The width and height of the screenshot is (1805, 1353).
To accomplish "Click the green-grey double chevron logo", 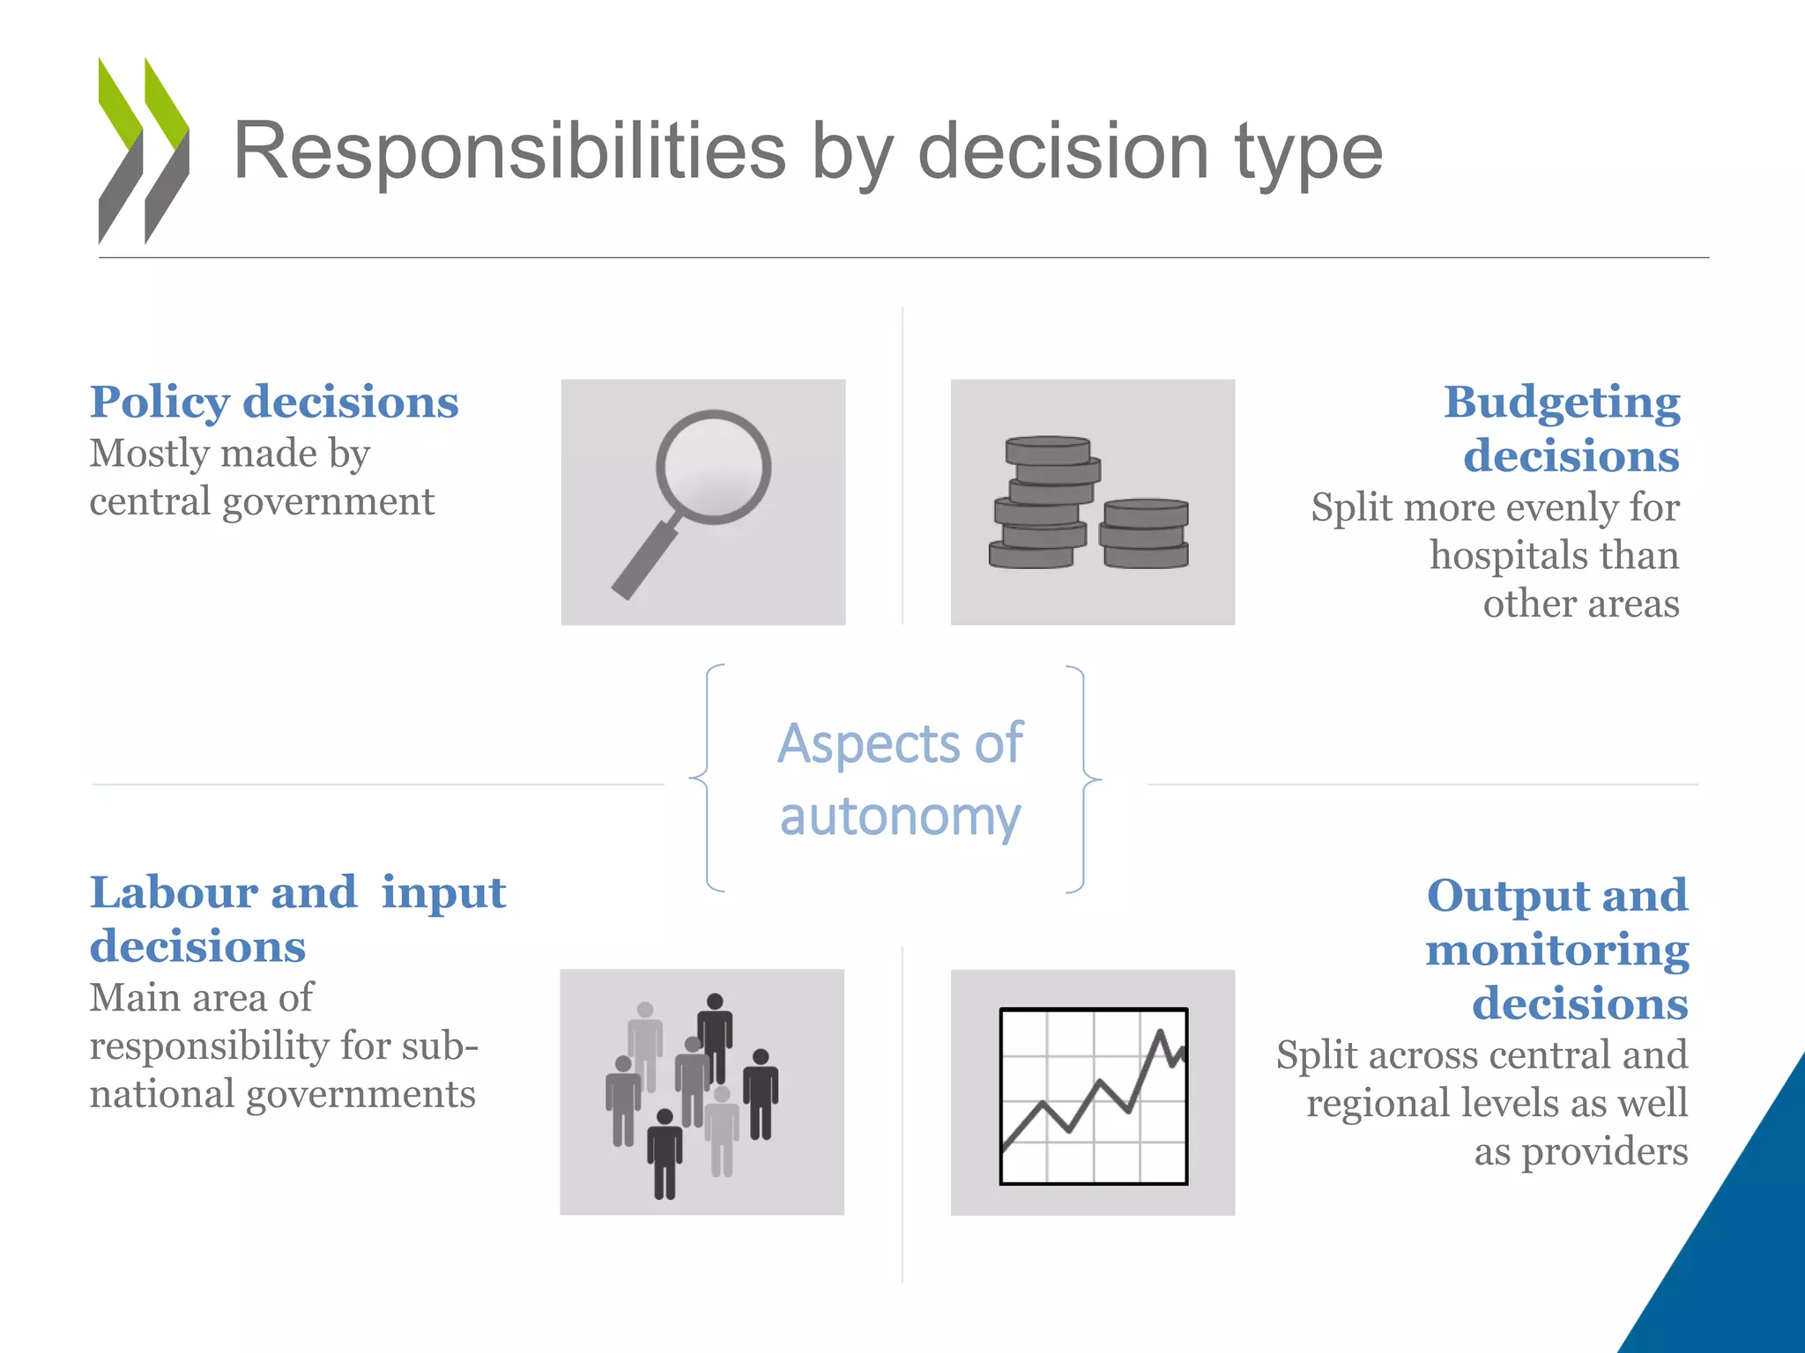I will (x=143, y=151).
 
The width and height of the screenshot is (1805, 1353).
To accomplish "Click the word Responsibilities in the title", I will (x=509, y=152).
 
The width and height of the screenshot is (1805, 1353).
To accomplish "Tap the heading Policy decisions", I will (x=274, y=403).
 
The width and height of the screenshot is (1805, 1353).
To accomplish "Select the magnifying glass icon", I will (x=702, y=502).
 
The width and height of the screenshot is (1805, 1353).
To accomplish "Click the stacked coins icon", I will (x=1091, y=503).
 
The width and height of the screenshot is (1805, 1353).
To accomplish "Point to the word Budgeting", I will (x=1561, y=403).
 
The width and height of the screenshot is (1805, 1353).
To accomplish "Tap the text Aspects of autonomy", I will (x=900, y=780).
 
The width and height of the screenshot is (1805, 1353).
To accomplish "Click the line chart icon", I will (x=1093, y=1094).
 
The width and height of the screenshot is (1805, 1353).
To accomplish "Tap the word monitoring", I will (x=1556, y=950).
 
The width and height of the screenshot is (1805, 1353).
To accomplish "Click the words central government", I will (x=262, y=502).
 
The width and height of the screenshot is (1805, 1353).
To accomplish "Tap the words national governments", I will (x=282, y=1095).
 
